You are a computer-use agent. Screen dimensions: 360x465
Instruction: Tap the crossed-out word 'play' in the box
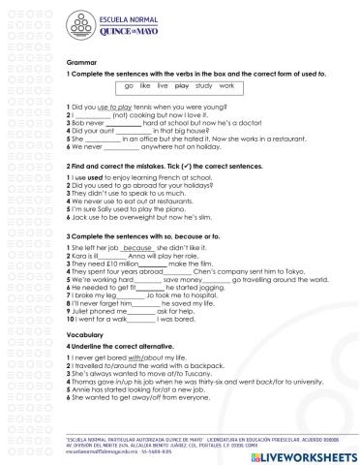(x=179, y=86)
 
